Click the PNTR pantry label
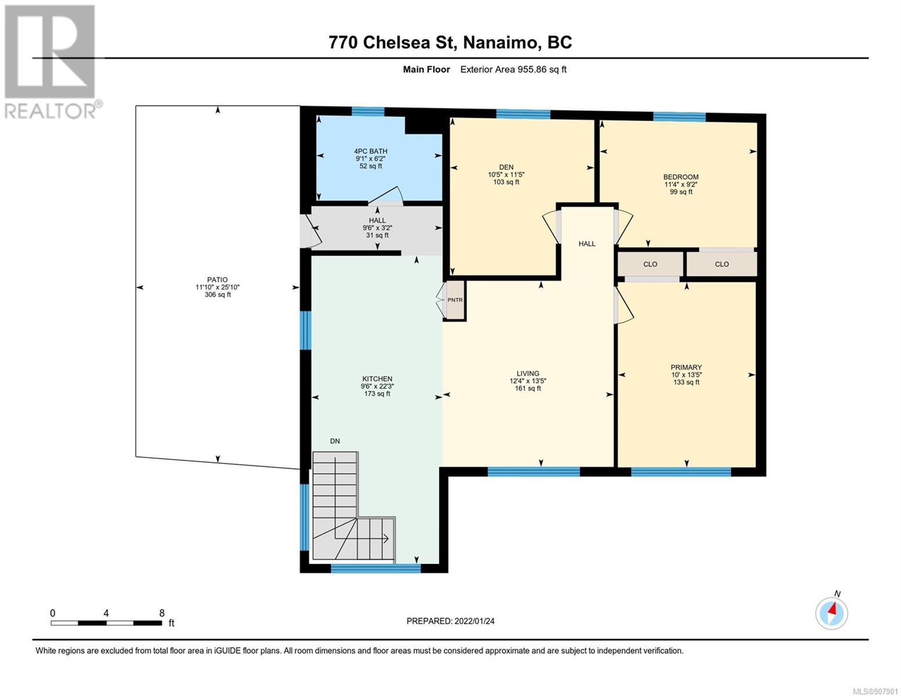454,300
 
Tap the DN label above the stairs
335,441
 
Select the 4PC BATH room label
371,151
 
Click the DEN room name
506,167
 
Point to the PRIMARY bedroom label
686,367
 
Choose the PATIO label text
217,280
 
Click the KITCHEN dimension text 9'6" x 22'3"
377,386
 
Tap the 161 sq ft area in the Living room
528,389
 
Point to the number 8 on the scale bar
162,612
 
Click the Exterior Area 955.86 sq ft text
513,69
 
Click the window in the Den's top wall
523,114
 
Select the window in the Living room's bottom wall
534,472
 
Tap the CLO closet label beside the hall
650,264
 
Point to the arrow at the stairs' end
385,539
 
